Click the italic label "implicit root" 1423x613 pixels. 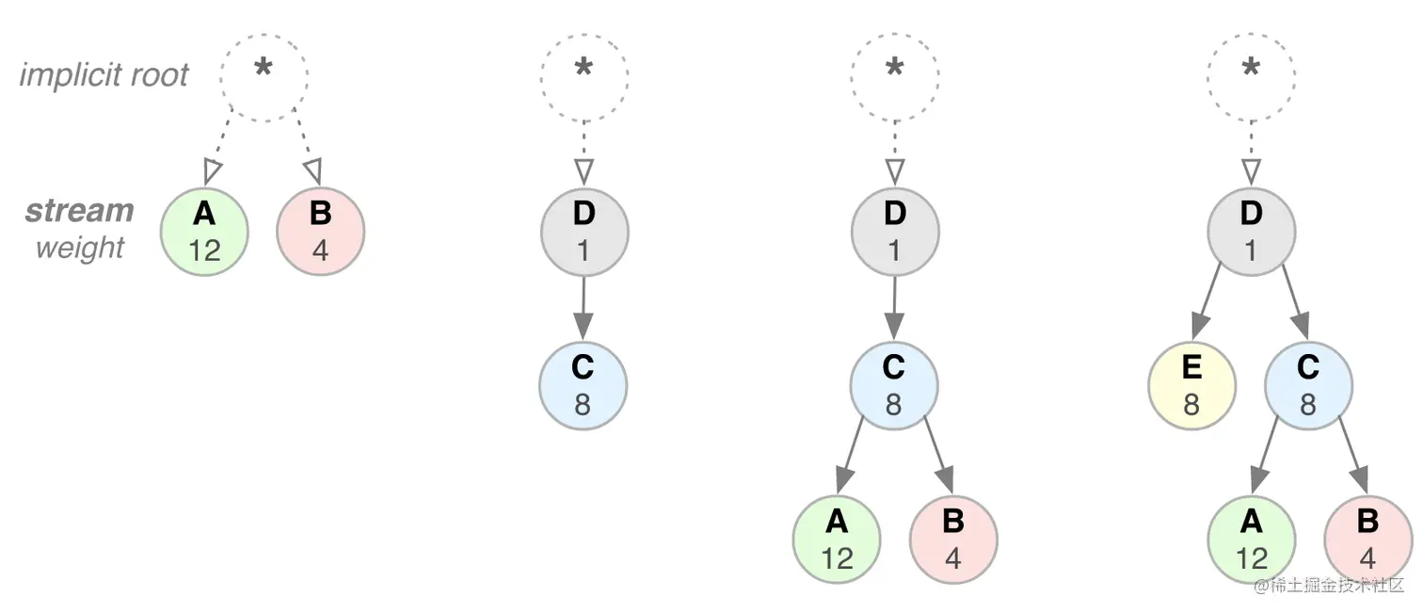coord(104,74)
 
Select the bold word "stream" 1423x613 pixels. coord(80,210)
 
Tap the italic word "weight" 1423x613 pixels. coord(80,248)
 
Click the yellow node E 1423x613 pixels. coord(1191,386)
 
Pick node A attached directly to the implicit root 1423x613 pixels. coord(204,231)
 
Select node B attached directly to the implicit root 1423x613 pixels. coord(320,231)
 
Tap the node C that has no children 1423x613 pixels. coord(583,386)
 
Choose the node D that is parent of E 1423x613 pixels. coord(1251,231)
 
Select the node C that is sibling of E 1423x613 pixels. coord(1308,386)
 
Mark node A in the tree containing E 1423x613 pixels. coord(1251,540)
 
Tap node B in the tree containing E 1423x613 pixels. coord(1367,540)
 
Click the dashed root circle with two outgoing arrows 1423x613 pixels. coord(264,75)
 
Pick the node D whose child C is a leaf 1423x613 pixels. coord(584,231)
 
